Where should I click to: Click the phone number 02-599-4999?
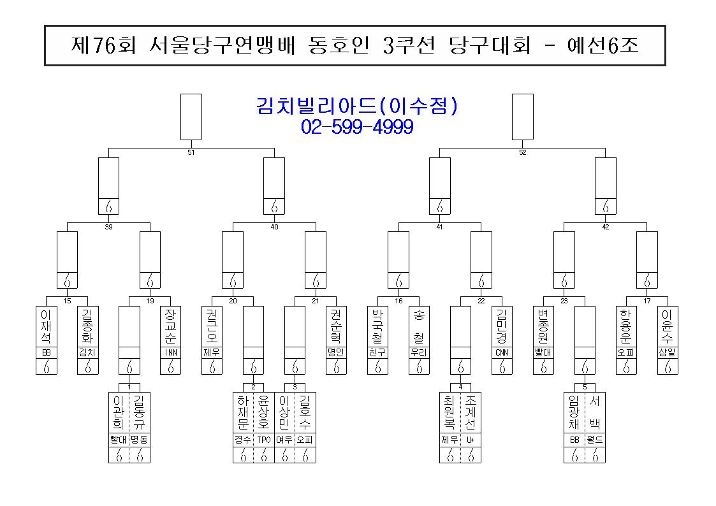click(x=357, y=127)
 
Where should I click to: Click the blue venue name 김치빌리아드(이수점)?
click(x=357, y=106)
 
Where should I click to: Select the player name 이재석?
click(x=46, y=326)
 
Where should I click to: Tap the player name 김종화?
click(x=88, y=326)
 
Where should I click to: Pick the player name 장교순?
click(x=170, y=326)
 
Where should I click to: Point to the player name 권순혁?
click(x=336, y=326)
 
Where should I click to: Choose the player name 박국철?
click(x=377, y=326)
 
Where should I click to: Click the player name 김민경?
click(x=502, y=326)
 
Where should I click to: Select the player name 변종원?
click(x=543, y=326)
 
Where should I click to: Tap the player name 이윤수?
click(x=668, y=326)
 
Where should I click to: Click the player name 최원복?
click(x=449, y=413)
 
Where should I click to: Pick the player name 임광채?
click(x=574, y=413)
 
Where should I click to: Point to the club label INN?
click(x=170, y=352)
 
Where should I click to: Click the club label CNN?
click(x=502, y=352)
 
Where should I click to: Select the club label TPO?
click(x=264, y=440)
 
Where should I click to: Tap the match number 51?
click(x=191, y=152)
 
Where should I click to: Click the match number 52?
click(x=523, y=152)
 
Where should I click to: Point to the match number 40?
click(x=274, y=227)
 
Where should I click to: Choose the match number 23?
click(x=564, y=301)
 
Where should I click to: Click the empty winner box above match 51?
click(x=191, y=117)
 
